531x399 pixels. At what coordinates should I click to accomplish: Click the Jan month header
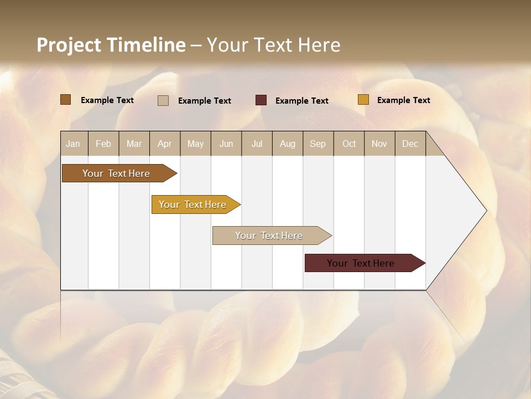[74, 144]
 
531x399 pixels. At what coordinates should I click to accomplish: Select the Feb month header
[103, 144]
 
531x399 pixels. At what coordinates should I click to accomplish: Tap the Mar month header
[134, 144]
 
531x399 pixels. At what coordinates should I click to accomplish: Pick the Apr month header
[165, 144]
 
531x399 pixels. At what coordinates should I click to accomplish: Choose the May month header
[195, 144]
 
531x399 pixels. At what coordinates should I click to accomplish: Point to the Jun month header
[226, 144]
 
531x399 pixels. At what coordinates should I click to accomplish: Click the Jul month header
[257, 144]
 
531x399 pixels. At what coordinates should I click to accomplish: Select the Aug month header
[288, 144]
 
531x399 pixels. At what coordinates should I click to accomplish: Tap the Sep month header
[318, 144]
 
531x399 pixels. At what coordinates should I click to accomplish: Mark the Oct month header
[349, 144]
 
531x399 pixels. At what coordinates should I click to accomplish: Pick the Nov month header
[379, 144]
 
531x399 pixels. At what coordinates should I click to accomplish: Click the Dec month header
[410, 144]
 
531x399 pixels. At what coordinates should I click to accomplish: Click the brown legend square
[66, 100]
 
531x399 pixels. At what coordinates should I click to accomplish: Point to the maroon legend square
[261, 100]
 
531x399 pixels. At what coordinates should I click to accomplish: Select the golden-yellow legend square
[363, 100]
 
